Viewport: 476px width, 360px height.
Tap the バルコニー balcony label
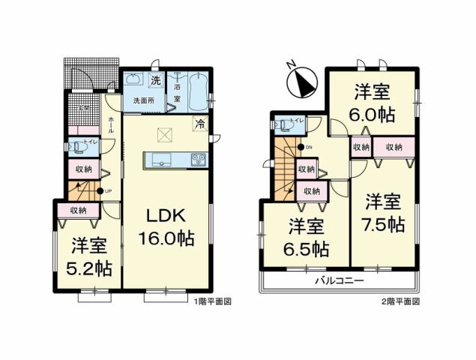click(x=338, y=280)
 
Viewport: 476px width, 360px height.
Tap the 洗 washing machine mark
click(x=155, y=79)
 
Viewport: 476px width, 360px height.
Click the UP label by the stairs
click(x=107, y=191)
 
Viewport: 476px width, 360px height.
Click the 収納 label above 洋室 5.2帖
click(x=79, y=211)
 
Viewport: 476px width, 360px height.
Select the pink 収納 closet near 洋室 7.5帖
click(x=394, y=148)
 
